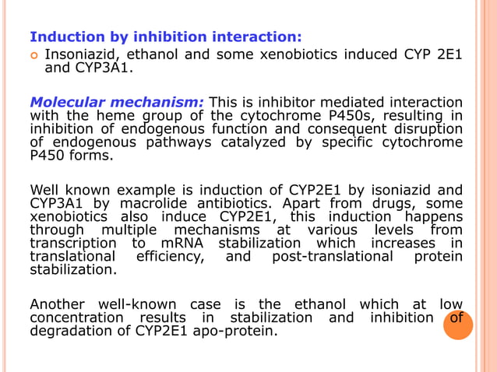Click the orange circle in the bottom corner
point(457,325)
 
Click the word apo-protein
point(233,332)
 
